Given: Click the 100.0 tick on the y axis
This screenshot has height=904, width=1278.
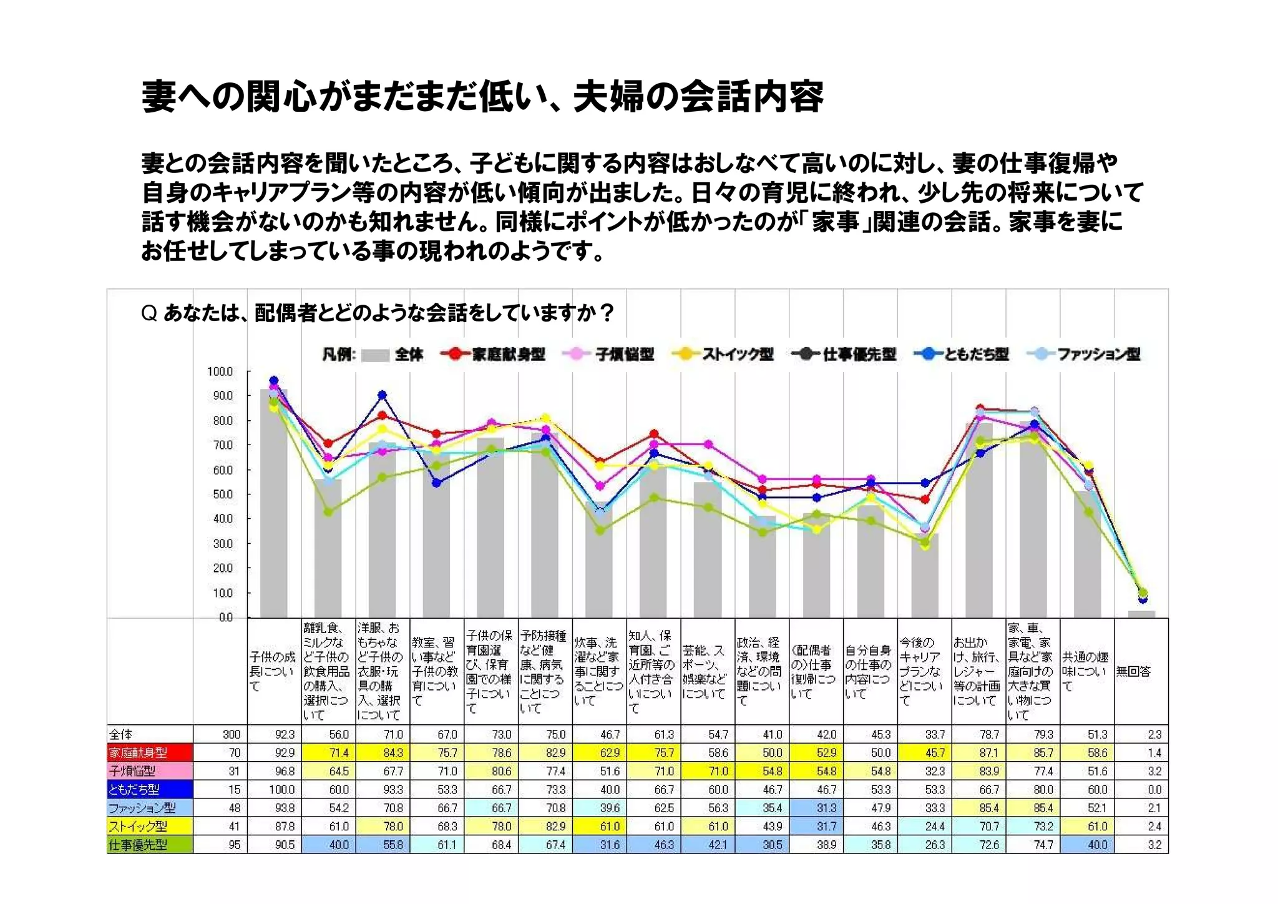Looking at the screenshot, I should [x=220, y=371].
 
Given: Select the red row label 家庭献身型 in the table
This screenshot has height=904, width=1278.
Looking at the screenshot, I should [x=139, y=753].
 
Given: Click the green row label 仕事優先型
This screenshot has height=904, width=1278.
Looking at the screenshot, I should [x=139, y=845].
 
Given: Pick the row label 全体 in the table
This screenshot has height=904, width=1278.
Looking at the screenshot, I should [x=122, y=734].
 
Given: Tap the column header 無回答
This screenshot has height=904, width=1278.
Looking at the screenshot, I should [x=1133, y=671].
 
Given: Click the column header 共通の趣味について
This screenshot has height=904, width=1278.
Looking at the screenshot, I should [x=1086, y=671].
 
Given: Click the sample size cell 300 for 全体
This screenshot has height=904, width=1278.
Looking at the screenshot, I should [x=232, y=735].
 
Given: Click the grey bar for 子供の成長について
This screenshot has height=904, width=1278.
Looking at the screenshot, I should [x=273, y=506].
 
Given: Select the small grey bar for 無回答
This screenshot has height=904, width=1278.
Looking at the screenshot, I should [x=1141, y=614].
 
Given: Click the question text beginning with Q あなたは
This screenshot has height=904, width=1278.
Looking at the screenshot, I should [x=378, y=312].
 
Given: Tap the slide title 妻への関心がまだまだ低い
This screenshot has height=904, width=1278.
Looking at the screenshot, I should [x=482, y=97].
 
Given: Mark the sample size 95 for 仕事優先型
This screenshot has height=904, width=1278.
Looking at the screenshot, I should [x=234, y=845].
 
